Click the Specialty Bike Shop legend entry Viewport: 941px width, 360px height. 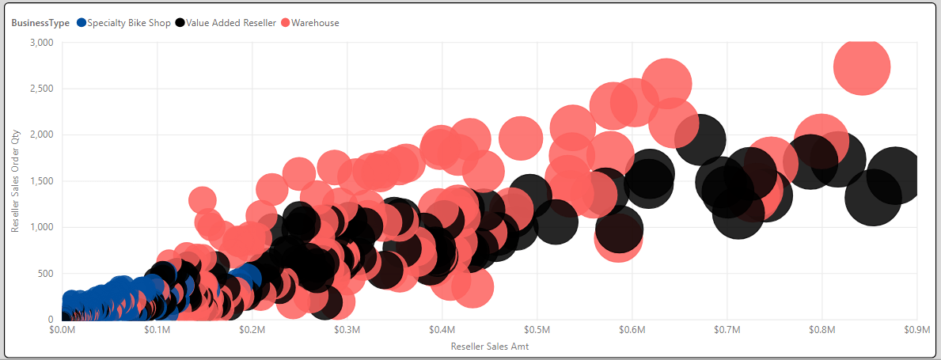coord(129,23)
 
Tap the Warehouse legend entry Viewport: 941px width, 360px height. coord(315,23)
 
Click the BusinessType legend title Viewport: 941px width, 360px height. coord(40,23)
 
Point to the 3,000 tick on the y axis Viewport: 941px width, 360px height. coord(40,42)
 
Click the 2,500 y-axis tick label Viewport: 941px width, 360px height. coord(40,89)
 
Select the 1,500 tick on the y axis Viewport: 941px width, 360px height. coord(40,181)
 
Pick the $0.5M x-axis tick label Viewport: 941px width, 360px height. coord(537,329)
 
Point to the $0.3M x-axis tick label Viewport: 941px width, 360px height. coord(347,329)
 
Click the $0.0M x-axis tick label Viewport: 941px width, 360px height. coord(62,329)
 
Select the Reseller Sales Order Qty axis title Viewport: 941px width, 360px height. coord(15,180)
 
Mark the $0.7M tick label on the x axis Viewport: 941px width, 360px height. coord(727,329)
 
